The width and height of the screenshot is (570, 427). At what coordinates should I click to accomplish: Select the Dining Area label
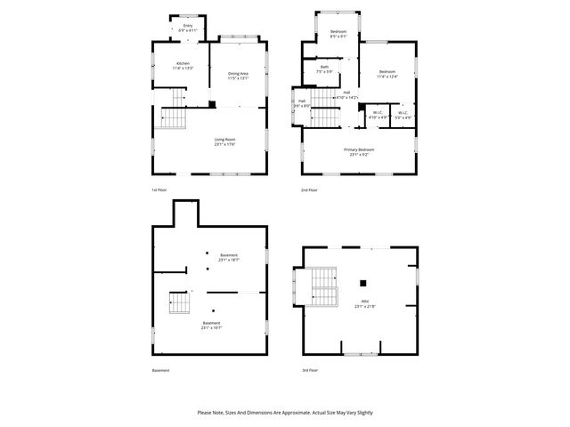(x=238, y=76)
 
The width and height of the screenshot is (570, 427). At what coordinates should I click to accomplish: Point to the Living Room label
(x=224, y=141)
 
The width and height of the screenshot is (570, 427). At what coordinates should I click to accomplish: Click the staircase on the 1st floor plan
(x=172, y=118)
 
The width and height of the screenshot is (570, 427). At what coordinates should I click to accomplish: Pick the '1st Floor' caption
(x=159, y=189)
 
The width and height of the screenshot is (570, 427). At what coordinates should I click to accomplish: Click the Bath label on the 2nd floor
(x=325, y=68)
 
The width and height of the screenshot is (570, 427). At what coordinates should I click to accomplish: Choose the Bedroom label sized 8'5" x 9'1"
(x=338, y=34)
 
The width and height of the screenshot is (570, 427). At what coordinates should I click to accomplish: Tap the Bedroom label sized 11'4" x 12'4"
(x=387, y=74)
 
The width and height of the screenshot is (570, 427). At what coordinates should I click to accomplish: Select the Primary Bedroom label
(x=359, y=151)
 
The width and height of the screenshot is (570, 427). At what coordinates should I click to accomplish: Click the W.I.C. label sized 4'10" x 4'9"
(x=377, y=115)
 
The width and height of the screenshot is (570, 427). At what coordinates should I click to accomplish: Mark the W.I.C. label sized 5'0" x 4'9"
(x=403, y=115)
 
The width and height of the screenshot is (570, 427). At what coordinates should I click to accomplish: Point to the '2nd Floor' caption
(x=309, y=189)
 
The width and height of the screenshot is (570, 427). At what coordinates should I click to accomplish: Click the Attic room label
(x=364, y=303)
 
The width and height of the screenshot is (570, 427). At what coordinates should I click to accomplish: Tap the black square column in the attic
(x=362, y=284)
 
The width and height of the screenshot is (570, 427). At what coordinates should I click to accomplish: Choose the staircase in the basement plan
(x=180, y=304)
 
